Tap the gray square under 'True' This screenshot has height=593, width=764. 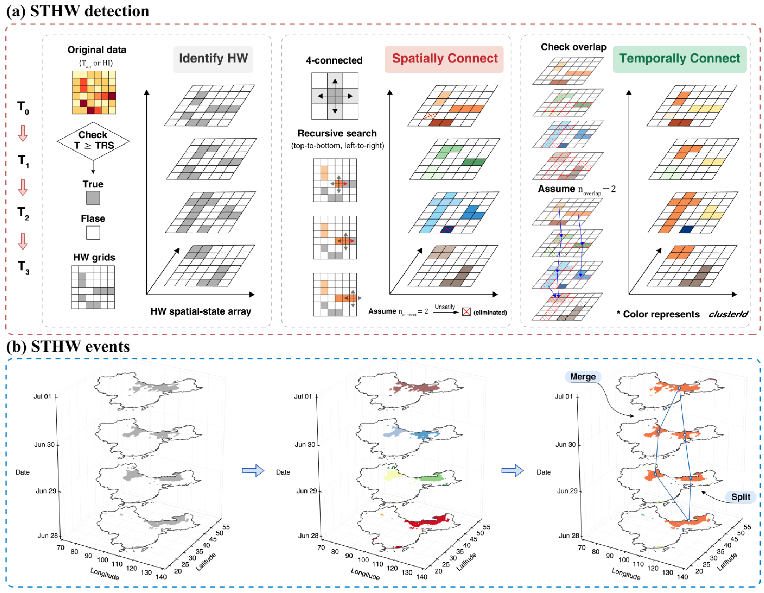93,198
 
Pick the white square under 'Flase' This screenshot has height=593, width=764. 93,232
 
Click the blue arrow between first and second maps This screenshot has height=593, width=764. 253,470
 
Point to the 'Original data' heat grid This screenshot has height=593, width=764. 94,92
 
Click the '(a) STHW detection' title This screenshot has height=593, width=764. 78,11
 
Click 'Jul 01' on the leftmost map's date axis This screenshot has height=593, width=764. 42,397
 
